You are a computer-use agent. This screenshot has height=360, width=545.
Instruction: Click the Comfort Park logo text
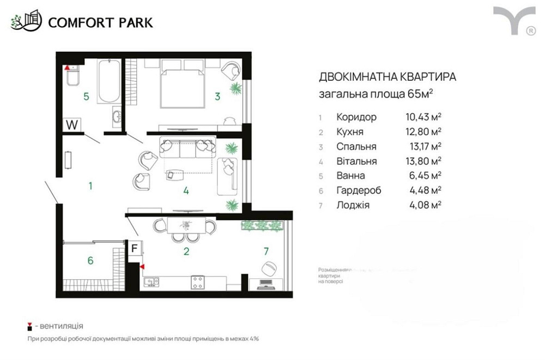tap(100, 22)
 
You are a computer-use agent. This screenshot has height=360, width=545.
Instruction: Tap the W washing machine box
tap(71, 124)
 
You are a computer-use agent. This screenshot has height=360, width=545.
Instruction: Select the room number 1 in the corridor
tap(90, 186)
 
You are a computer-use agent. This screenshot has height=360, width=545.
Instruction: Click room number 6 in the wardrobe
tap(90, 260)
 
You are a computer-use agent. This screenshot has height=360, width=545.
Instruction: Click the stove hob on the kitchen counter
tap(197, 282)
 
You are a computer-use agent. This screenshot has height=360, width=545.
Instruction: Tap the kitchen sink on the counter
tap(151, 281)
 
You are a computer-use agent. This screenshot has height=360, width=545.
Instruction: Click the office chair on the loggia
tap(269, 268)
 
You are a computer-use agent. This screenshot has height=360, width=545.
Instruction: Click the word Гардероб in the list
tap(359, 190)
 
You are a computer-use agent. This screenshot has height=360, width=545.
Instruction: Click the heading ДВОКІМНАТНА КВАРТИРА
tap(387, 77)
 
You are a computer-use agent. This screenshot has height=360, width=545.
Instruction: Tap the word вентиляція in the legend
tap(59, 326)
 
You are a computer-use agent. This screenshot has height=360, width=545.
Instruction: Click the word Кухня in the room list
tap(350, 131)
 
